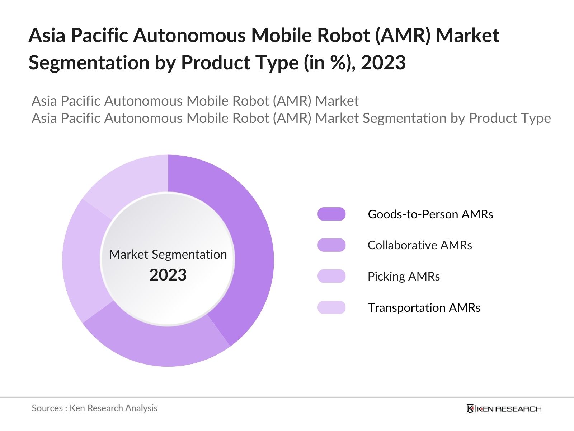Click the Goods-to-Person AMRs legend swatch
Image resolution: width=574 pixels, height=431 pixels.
click(331, 214)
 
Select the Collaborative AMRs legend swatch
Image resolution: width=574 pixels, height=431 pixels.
click(331, 245)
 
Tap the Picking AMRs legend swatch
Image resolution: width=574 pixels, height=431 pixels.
click(331, 276)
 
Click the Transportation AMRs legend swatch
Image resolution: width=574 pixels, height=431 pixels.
click(331, 307)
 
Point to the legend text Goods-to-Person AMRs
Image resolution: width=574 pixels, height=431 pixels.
click(430, 214)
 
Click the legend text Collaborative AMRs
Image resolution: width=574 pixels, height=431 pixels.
click(419, 245)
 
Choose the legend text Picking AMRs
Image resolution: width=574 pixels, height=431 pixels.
click(403, 276)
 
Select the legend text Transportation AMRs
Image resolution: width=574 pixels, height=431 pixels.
click(424, 307)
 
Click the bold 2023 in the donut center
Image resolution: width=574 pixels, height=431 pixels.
click(168, 275)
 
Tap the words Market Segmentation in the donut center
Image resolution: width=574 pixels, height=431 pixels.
click(168, 254)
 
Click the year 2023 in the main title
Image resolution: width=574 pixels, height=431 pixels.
click(383, 63)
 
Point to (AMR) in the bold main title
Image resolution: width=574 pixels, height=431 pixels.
click(403, 36)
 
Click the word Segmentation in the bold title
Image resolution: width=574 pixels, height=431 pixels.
click(89, 63)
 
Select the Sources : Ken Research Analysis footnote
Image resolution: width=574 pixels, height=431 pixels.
click(94, 408)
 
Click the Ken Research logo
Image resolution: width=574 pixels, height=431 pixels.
click(504, 409)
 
